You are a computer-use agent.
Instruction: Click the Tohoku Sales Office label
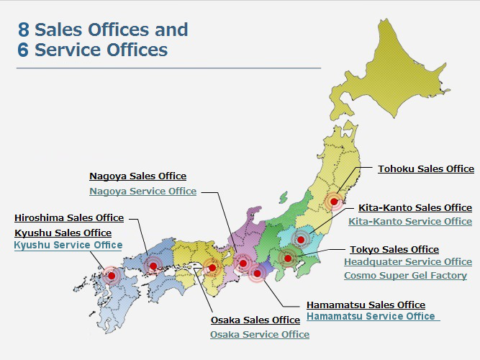tap(426, 169)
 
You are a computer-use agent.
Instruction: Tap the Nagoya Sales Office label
tap(137, 176)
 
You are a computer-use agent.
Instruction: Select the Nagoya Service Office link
tap(142, 192)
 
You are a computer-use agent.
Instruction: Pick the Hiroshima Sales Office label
tap(69, 218)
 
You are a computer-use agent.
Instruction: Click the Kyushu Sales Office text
tap(63, 233)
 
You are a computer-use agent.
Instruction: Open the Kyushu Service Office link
tap(68, 246)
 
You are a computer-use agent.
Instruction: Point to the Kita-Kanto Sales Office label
tap(415, 208)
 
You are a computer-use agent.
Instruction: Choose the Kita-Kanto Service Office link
tap(410, 222)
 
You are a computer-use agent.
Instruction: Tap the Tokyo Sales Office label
tap(394, 250)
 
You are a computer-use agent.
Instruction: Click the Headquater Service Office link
tap(407, 262)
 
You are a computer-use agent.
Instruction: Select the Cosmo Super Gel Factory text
tap(405, 276)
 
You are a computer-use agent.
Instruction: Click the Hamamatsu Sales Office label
tap(366, 305)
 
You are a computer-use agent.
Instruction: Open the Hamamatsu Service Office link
tap(371, 317)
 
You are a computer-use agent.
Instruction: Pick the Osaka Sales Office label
tap(255, 320)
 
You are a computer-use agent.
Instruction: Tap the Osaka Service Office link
tap(260, 335)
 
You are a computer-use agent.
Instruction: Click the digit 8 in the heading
tap(24, 30)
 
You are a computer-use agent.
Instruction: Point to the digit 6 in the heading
tap(24, 50)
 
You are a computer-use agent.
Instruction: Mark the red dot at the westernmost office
tap(111, 275)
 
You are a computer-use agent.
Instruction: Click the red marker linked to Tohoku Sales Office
tap(332, 202)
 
